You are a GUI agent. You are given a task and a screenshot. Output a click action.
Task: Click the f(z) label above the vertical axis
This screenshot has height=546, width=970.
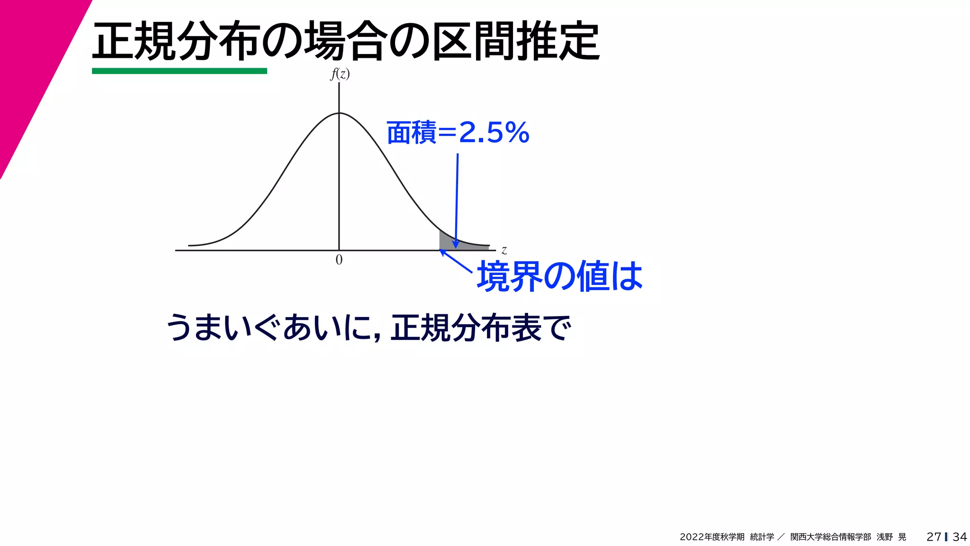tap(340, 74)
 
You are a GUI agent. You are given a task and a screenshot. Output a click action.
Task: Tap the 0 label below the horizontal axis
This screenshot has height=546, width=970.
tap(339, 260)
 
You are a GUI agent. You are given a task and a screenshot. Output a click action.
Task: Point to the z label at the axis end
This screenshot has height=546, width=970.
tap(504, 250)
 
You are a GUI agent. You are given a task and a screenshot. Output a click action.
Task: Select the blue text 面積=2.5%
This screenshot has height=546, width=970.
tap(458, 132)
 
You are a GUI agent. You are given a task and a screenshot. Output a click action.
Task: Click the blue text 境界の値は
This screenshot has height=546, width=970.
tap(559, 276)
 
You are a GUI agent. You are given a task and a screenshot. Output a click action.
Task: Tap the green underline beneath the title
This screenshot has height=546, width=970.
tap(179, 71)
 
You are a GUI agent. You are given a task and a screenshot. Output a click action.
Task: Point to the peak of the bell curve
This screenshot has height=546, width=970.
tap(339, 113)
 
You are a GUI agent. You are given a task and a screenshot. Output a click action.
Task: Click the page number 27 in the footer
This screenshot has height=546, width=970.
tap(934, 537)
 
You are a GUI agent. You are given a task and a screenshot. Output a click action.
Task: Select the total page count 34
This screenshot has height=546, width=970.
tap(960, 537)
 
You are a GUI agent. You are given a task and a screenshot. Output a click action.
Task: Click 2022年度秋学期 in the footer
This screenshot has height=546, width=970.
tap(712, 537)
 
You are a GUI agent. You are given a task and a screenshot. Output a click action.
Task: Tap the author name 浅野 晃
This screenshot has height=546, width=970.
tap(891, 537)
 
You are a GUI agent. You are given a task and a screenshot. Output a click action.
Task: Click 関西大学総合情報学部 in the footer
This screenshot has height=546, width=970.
tap(830, 537)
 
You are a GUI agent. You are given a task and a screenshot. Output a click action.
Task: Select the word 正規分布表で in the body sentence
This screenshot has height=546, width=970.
tap(481, 328)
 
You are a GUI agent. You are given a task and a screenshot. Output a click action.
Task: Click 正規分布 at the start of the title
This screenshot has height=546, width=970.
tap(175, 42)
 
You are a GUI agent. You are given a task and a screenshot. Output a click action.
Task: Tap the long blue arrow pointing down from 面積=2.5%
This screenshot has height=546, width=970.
tap(457, 199)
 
